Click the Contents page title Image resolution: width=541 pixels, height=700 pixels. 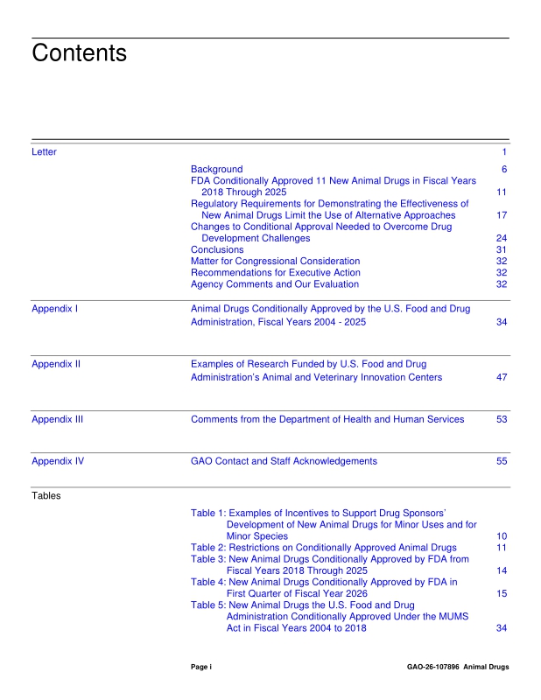(x=79, y=53)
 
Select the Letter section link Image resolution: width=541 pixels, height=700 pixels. (x=44, y=152)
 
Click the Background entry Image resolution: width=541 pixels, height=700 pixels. (x=216, y=169)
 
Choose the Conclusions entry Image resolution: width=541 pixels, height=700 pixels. (x=217, y=249)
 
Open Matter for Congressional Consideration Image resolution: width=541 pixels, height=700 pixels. (x=275, y=261)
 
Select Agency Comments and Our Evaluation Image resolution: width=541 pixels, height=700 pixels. (x=274, y=284)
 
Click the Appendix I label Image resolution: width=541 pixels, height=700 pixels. (x=55, y=310)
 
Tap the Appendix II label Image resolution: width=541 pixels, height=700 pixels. (x=56, y=364)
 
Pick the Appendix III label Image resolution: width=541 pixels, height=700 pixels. (x=58, y=420)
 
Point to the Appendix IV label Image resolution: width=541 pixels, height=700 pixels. (x=58, y=461)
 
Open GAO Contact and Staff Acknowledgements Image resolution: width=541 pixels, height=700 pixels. (x=284, y=461)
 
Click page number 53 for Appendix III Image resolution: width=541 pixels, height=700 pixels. (x=502, y=420)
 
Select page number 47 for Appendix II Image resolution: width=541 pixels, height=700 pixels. (x=502, y=378)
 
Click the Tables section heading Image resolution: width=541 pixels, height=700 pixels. (x=46, y=495)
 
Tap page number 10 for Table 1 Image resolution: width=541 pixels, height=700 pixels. (x=502, y=536)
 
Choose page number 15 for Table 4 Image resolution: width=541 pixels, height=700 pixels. (x=502, y=594)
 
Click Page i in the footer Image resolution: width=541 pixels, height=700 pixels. (x=201, y=668)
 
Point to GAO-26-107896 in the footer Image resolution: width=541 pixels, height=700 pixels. (x=432, y=668)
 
